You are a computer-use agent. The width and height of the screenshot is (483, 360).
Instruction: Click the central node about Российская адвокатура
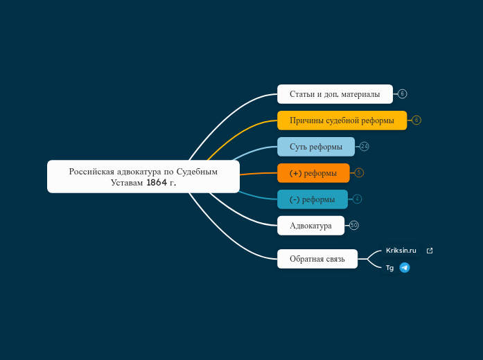(x=143, y=177)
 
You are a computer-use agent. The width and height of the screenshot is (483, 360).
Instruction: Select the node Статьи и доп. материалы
(x=335, y=94)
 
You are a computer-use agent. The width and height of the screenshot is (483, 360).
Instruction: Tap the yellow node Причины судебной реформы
(x=342, y=120)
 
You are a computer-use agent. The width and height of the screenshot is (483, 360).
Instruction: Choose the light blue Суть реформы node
(x=316, y=147)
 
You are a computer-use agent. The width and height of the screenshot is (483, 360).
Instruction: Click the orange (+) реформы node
(x=313, y=173)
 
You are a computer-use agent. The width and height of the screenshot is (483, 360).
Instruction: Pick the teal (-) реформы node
(x=313, y=199)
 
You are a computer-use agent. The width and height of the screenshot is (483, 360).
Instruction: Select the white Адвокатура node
(x=311, y=226)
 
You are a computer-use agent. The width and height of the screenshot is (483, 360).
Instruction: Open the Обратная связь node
(x=317, y=259)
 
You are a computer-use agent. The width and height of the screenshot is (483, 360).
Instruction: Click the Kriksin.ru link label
(x=401, y=251)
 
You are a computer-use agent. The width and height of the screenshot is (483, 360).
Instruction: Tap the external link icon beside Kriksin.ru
(x=430, y=251)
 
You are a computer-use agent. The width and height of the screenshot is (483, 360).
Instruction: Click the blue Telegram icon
(x=405, y=268)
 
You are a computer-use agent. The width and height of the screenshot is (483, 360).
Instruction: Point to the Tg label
(x=389, y=268)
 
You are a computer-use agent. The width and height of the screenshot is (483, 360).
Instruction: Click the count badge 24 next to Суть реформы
(x=364, y=147)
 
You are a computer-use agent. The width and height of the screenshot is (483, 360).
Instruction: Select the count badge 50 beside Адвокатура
(x=354, y=225)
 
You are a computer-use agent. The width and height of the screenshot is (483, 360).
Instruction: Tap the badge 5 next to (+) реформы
(x=359, y=172)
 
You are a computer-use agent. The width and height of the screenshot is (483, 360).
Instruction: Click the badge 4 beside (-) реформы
(x=357, y=199)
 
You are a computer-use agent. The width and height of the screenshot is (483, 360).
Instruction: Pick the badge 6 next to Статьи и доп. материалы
(x=403, y=94)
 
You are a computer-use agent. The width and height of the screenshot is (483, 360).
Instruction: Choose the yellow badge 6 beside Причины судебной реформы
(x=416, y=120)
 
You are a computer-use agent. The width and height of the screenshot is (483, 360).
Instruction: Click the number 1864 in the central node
(x=157, y=183)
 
